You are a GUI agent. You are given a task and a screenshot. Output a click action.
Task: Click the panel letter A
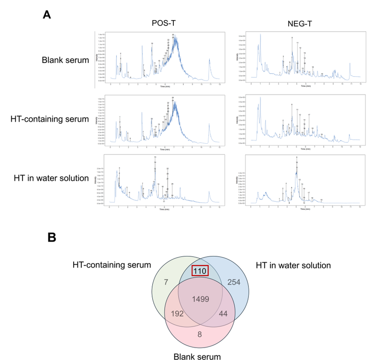47,14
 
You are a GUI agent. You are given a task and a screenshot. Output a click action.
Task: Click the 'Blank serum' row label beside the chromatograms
65,60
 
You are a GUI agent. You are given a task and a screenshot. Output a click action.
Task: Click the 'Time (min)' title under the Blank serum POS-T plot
165,87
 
